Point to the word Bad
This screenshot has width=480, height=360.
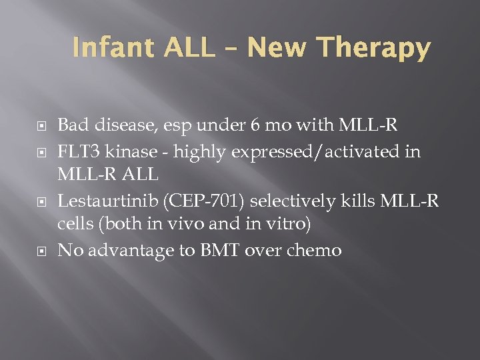pos(72,125)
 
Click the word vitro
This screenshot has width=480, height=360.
pos(279,225)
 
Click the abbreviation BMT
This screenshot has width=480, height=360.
pos(209,250)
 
